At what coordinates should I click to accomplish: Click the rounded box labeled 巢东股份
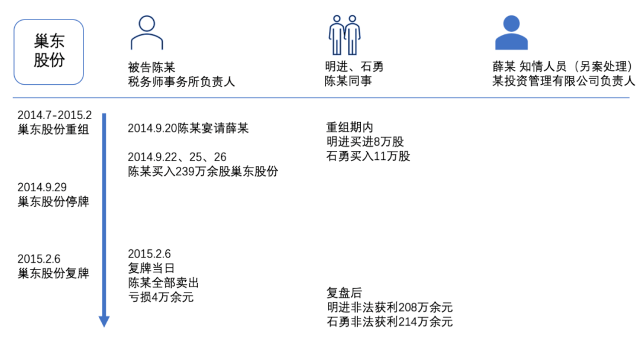(x=49, y=52)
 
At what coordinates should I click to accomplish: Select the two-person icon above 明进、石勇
(x=345, y=35)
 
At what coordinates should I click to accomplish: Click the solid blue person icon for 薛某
(x=511, y=33)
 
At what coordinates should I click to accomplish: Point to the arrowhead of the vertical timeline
(x=104, y=322)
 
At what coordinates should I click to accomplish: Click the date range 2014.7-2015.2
(x=54, y=115)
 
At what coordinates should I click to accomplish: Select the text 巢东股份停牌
(x=53, y=201)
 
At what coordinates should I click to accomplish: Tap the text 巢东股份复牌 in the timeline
(x=53, y=273)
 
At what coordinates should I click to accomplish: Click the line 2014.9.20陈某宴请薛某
(x=188, y=128)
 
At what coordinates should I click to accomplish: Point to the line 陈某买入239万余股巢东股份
(x=203, y=171)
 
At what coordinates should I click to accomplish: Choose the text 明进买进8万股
(x=365, y=142)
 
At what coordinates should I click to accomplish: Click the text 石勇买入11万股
(x=369, y=156)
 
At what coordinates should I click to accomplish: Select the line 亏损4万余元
(x=161, y=297)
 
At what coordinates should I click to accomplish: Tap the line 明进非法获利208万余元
(x=389, y=307)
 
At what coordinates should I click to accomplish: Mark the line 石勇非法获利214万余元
(x=389, y=322)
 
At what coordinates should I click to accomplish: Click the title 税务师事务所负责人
(x=182, y=82)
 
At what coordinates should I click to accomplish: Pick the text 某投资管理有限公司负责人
(x=564, y=81)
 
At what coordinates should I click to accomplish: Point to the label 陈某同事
(x=348, y=81)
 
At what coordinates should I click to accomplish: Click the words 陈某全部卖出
(x=163, y=283)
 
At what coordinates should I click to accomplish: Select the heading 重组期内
(x=350, y=127)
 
